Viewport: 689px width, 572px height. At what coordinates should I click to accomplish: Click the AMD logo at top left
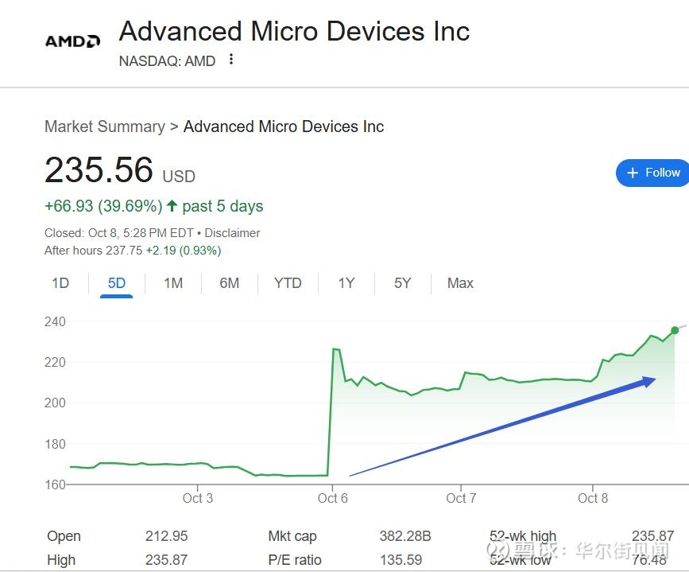click(x=72, y=41)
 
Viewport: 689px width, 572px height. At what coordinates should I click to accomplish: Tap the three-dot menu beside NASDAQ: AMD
click(x=231, y=60)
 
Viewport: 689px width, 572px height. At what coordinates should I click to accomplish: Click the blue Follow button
click(x=653, y=173)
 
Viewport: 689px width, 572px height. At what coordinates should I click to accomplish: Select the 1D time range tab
click(x=60, y=283)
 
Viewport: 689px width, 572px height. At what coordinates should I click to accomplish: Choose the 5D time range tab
click(x=117, y=283)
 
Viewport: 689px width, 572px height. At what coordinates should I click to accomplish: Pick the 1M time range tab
click(x=173, y=283)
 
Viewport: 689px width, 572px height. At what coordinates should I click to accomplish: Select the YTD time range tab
click(x=288, y=283)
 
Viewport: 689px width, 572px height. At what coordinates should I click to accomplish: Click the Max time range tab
click(x=460, y=283)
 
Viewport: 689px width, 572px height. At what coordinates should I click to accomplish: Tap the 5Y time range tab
click(x=403, y=283)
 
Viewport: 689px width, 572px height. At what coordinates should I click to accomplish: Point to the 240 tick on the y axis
click(x=56, y=322)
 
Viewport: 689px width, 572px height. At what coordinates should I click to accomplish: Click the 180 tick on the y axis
click(x=56, y=444)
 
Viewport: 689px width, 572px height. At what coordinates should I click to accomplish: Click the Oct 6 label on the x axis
click(x=332, y=499)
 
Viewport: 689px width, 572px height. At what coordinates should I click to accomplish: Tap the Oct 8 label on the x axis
click(x=593, y=499)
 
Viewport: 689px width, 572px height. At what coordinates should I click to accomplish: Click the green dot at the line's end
click(x=675, y=330)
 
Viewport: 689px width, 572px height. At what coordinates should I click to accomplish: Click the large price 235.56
click(x=99, y=170)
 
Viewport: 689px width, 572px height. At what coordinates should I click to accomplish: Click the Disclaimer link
click(x=232, y=233)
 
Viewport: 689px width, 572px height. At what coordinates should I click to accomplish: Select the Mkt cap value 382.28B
click(x=404, y=536)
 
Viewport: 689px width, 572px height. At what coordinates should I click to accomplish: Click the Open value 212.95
click(x=166, y=536)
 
